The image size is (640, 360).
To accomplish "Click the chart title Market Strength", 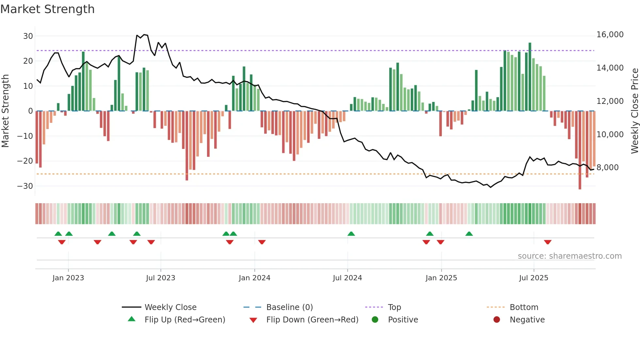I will (x=48, y=9).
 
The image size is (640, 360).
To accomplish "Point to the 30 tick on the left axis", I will (x=28, y=36).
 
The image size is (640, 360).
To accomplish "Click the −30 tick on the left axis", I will (x=25, y=186).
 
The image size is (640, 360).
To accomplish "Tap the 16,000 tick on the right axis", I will (x=610, y=35).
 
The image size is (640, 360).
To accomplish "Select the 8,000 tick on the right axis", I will (x=607, y=168).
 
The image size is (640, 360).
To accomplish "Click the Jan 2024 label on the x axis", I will (x=254, y=278).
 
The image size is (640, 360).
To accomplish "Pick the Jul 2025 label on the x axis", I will (x=534, y=278).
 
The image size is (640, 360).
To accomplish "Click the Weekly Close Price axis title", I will (x=634, y=111).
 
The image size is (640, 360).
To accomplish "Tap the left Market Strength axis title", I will (x=6, y=111).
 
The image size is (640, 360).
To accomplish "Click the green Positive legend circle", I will (x=375, y=319).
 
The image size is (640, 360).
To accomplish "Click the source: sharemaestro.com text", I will (x=569, y=256).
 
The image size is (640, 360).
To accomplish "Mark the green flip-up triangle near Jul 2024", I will (x=351, y=234).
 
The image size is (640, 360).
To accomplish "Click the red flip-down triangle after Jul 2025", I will (x=548, y=242).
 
